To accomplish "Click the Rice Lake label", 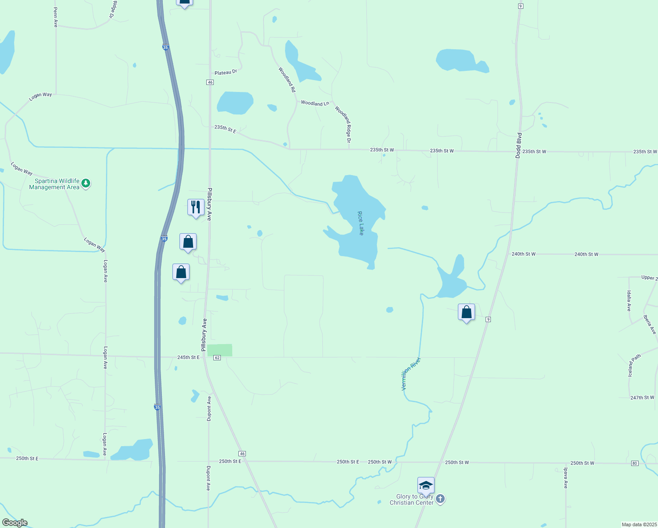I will (361, 223).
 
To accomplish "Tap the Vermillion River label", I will (411, 374).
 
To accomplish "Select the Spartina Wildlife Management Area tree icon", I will (86, 183).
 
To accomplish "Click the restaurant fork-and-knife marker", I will (196, 207).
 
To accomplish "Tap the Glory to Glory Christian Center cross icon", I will (440, 499).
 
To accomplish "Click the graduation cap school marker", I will (426, 485).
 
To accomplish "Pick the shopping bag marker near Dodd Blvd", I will (466, 312).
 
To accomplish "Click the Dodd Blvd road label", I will (519, 145).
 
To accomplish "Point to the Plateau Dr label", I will (226, 72).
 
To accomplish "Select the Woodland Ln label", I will (315, 103).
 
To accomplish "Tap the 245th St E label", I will (188, 357).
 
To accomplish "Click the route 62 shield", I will (217, 358).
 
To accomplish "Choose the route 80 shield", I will (634, 463).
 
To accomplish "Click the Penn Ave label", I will (55, 17).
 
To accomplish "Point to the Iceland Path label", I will (634, 365).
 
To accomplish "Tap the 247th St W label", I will (642, 398).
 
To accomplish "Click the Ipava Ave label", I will (566, 478).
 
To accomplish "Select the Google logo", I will (15, 523).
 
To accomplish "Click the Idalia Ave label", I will (629, 301).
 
